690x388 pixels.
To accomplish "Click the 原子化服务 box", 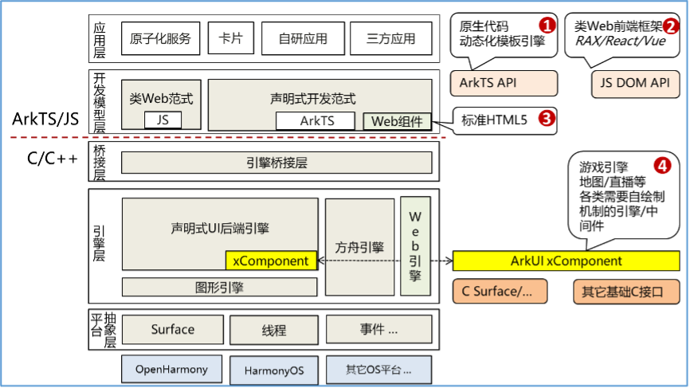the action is [161, 38].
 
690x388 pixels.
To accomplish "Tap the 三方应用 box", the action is [391, 39].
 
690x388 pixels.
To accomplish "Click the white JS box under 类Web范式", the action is [163, 120].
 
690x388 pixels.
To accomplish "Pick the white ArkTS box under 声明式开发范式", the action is [316, 120].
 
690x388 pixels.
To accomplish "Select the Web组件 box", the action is [397, 121].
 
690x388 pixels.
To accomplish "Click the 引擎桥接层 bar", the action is [276, 163].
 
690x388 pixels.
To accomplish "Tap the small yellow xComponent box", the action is [271, 261].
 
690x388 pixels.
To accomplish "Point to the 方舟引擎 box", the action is [359, 247].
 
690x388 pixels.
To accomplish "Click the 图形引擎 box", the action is [219, 288].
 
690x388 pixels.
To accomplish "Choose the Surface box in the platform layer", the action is [172, 330].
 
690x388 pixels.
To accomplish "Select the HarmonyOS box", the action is [274, 370].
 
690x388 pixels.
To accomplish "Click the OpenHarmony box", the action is [171, 370].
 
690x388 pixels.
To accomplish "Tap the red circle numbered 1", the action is [547, 25].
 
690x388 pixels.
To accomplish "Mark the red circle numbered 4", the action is [662, 166].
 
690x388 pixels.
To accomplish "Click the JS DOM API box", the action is [635, 83].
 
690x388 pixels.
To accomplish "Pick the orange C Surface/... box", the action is [500, 292].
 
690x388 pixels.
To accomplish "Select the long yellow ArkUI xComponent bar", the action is [566, 261].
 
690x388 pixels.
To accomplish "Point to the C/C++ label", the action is [53, 159].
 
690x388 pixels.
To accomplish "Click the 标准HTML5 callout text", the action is [494, 120].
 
